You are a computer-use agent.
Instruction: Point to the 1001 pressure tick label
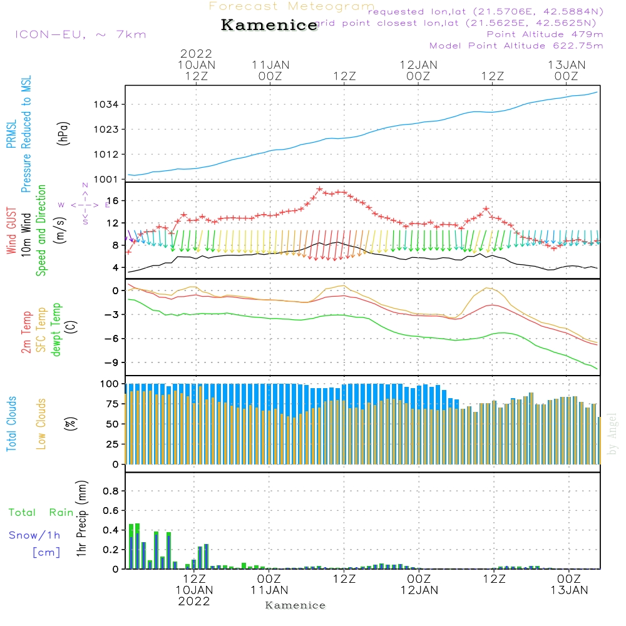click(x=109, y=180)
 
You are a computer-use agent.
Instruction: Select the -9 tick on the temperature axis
click(x=114, y=362)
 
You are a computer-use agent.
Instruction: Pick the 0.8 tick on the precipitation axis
click(x=111, y=491)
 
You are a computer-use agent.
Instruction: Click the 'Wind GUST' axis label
click(x=11, y=232)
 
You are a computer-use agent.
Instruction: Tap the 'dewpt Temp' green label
click(x=56, y=330)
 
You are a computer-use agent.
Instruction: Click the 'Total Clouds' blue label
click(x=11, y=424)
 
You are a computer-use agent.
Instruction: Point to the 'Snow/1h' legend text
click(x=34, y=536)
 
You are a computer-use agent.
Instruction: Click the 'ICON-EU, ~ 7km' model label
click(x=80, y=34)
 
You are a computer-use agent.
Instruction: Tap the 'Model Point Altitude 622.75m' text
click(x=516, y=46)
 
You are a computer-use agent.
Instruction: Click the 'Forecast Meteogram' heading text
click(x=292, y=7)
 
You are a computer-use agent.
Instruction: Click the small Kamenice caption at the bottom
click(x=295, y=605)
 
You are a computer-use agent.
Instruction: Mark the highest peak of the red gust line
click(x=319, y=188)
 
